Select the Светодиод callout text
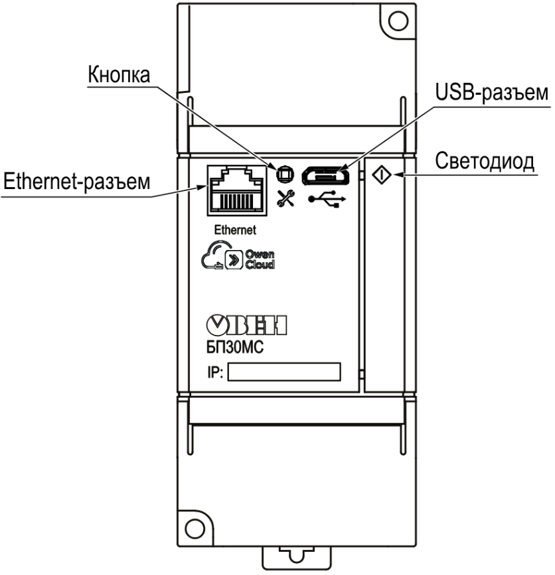[x=485, y=162]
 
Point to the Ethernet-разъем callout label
[x=76, y=180]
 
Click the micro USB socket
[x=326, y=176]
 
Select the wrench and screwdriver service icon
[x=285, y=198]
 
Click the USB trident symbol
[x=327, y=199]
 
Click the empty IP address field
[x=283, y=372]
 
